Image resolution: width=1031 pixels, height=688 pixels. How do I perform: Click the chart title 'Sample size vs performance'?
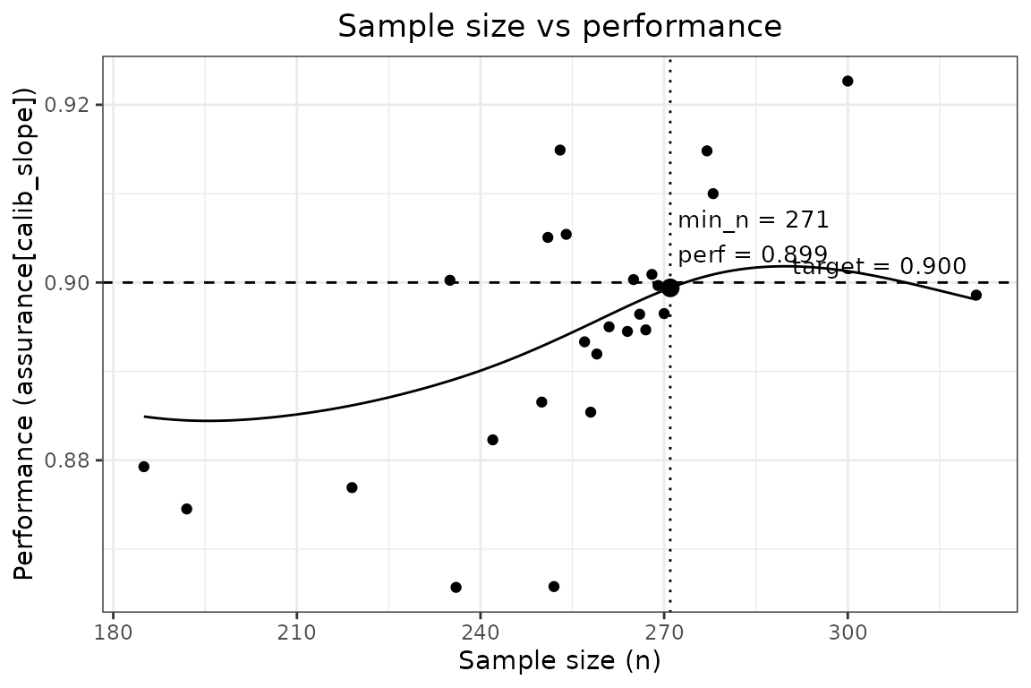click(559, 27)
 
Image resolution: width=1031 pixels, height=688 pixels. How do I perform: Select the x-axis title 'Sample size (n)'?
click(559, 661)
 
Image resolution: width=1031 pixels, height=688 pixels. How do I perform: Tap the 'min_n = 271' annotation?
click(753, 220)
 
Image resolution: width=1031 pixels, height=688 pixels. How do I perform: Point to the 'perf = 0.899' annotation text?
click(753, 254)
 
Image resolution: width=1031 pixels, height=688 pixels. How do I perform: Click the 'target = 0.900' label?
click(879, 266)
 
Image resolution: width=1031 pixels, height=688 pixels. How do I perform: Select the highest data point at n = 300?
click(848, 81)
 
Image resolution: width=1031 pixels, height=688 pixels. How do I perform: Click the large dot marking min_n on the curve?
click(670, 288)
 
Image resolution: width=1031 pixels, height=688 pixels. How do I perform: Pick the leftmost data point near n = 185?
click(144, 467)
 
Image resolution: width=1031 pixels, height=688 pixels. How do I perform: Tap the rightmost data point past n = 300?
click(976, 295)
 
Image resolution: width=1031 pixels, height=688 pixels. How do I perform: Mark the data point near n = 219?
click(352, 487)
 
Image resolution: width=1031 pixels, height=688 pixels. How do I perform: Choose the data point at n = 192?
click(187, 509)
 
